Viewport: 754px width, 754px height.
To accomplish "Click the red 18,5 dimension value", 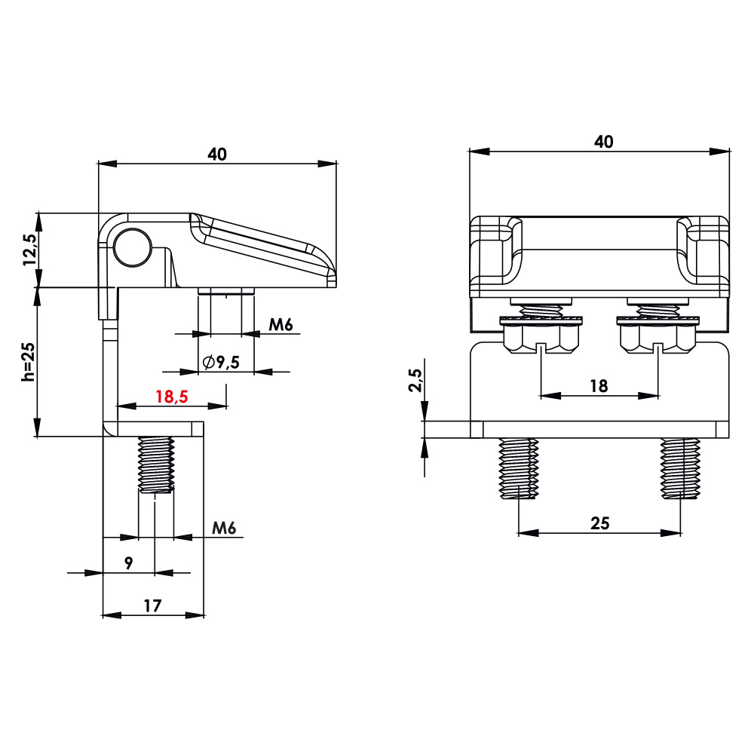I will [x=172, y=397].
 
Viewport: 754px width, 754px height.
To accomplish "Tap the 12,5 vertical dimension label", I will [x=29, y=250].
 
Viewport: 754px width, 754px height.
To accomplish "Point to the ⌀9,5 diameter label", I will [x=221, y=362].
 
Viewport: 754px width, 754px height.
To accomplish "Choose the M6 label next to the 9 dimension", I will [x=224, y=529].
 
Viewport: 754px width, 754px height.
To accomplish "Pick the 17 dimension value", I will [x=152, y=605].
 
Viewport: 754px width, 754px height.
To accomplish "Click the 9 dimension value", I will [x=129, y=563].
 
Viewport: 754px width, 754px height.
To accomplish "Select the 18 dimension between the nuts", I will [x=599, y=385].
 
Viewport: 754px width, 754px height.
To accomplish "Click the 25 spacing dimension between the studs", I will [x=599, y=523].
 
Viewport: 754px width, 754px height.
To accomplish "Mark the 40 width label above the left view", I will [x=217, y=154].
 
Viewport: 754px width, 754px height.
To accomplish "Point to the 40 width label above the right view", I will [x=603, y=141].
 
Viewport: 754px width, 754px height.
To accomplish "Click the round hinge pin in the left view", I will [x=133, y=246].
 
